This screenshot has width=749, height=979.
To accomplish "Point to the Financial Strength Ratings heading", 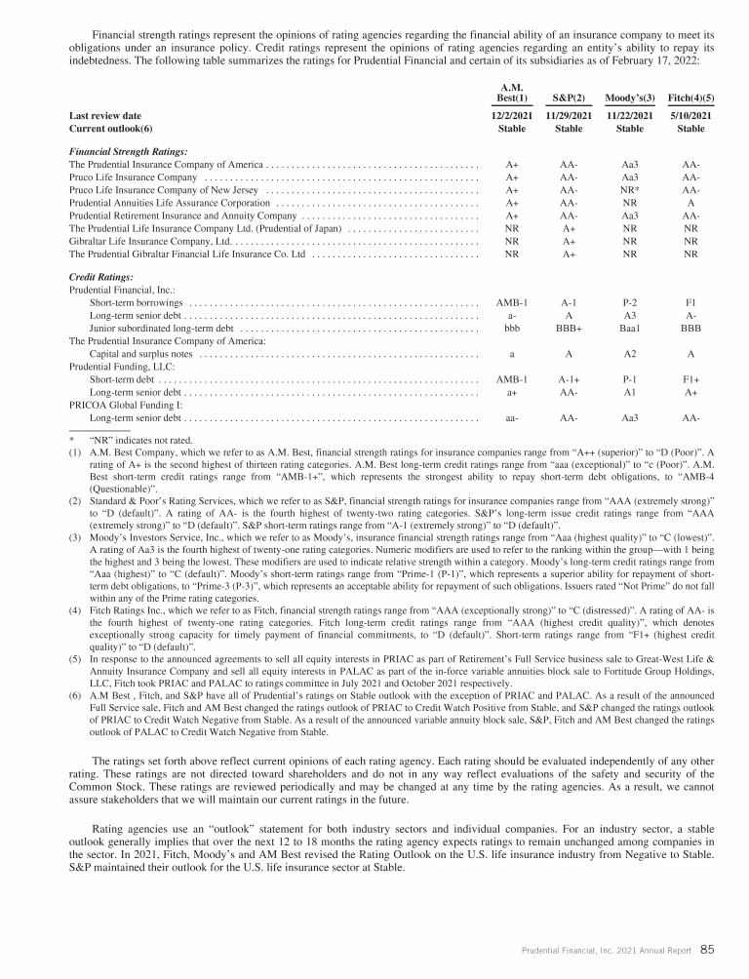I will click(129, 152).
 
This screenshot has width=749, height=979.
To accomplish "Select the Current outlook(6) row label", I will click(112, 128).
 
